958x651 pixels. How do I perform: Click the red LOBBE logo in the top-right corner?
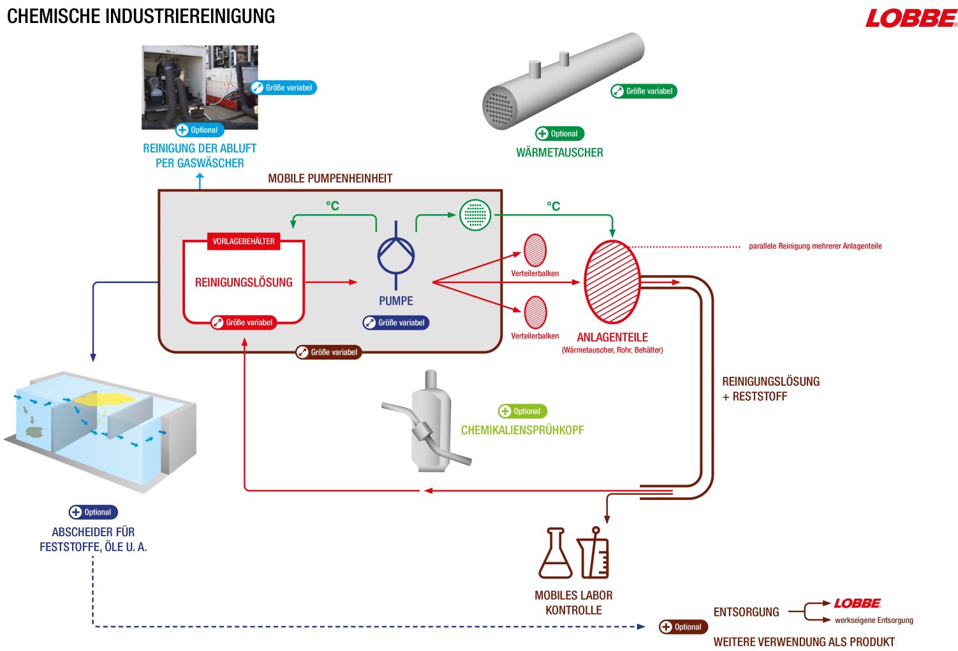pyautogui.click(x=911, y=18)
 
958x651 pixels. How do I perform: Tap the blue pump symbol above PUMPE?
pyautogui.click(x=396, y=256)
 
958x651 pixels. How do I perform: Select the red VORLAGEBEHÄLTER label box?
pyautogui.click(x=244, y=242)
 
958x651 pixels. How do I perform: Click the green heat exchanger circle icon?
pyautogui.click(x=475, y=215)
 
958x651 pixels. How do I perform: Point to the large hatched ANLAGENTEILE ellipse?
pyautogui.click(x=612, y=282)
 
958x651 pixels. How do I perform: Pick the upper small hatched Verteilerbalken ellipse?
pyautogui.click(x=535, y=250)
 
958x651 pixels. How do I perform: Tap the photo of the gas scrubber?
pyautogui.click(x=200, y=87)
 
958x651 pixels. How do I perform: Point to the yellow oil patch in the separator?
pyautogui.click(x=103, y=400)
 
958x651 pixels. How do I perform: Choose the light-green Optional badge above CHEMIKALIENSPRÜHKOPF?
pyautogui.click(x=522, y=411)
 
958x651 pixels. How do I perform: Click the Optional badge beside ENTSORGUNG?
pyautogui.click(x=682, y=627)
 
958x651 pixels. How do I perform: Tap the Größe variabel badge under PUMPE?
pyautogui.click(x=396, y=323)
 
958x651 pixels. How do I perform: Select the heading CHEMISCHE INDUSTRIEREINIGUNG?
pyautogui.click(x=141, y=16)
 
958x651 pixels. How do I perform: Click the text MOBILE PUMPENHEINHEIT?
pyautogui.click(x=330, y=179)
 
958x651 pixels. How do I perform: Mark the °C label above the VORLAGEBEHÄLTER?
pyautogui.click(x=332, y=206)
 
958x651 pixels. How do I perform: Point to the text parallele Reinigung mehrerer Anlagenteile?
pyautogui.click(x=815, y=246)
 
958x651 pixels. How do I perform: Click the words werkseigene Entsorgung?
pyautogui.click(x=874, y=620)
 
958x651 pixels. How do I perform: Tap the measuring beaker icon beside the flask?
pyautogui.click(x=594, y=553)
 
